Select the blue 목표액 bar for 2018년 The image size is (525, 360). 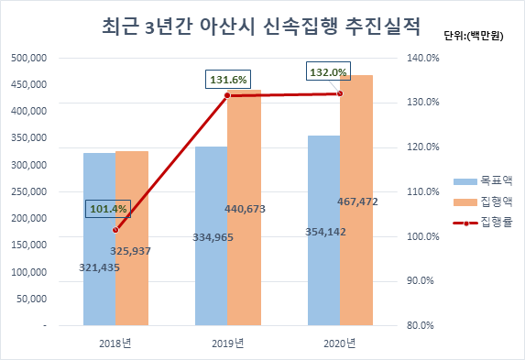coord(99,238)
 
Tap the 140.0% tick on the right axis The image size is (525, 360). coord(422,58)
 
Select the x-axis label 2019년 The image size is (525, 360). coord(226,343)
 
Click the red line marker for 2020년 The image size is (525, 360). coord(340,93)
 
